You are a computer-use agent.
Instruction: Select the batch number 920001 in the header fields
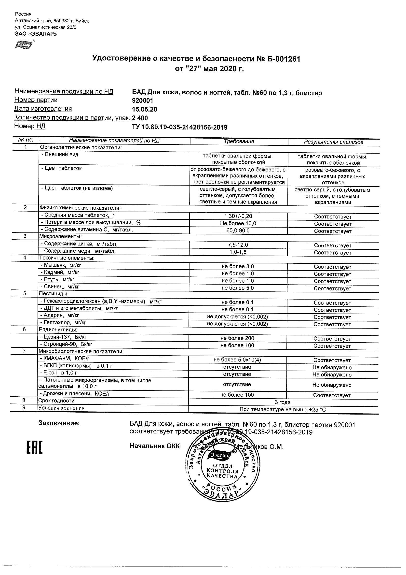pyautogui.click(x=142, y=101)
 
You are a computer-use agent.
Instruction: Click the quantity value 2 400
pyautogui.click(x=140, y=118)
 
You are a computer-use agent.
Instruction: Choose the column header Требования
pyautogui.click(x=239, y=142)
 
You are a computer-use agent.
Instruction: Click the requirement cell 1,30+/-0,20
pyautogui.click(x=238, y=216)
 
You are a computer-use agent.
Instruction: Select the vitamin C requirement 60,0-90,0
pyautogui.click(x=238, y=230)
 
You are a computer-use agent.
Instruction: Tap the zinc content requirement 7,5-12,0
pyautogui.click(x=238, y=245)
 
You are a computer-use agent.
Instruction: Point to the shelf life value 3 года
pyautogui.click(x=283, y=402)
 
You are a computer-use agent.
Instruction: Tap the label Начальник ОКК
pyautogui.click(x=155, y=446)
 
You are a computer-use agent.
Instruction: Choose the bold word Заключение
pyautogui.click(x=59, y=423)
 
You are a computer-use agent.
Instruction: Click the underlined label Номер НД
pyautogui.click(x=30, y=126)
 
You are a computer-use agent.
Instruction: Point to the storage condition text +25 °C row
pyautogui.click(x=283, y=410)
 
